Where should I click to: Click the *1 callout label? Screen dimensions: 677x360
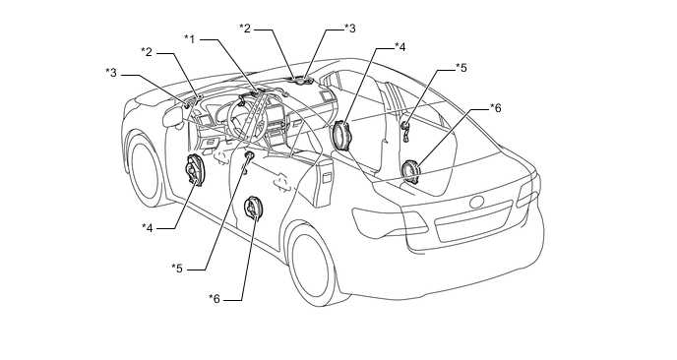(x=190, y=39)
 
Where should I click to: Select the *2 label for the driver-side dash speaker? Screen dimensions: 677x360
(x=147, y=52)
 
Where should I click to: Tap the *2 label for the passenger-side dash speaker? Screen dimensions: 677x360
(x=245, y=29)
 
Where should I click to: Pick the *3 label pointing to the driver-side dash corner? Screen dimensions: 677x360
(x=111, y=73)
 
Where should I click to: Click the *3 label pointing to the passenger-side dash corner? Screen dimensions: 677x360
(x=350, y=29)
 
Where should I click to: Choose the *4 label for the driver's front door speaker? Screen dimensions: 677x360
(x=148, y=227)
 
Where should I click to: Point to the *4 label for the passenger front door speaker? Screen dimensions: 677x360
(x=400, y=47)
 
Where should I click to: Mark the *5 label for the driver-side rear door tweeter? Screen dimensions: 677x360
(x=177, y=269)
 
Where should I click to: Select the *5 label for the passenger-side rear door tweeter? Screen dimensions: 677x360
(x=462, y=68)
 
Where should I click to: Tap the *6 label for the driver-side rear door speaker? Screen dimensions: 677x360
(x=215, y=298)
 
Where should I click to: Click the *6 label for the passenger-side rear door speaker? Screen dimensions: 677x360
(x=495, y=108)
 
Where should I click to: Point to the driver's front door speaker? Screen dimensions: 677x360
(x=194, y=170)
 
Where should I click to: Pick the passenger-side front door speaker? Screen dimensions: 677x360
(x=343, y=136)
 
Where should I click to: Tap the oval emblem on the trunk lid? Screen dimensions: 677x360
(x=477, y=202)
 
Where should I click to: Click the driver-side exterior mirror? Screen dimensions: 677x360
(x=173, y=116)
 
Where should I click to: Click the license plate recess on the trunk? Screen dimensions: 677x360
(x=474, y=221)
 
